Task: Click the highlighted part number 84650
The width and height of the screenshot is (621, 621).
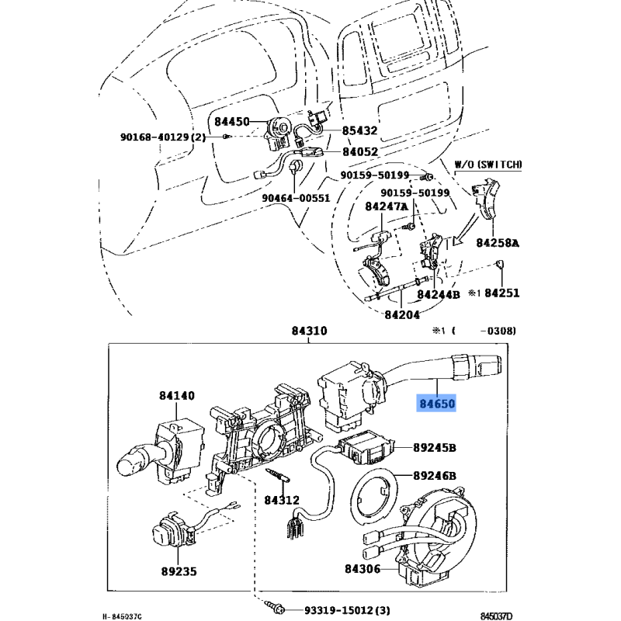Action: [x=436, y=404]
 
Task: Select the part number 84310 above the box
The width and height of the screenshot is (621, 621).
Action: [x=309, y=331]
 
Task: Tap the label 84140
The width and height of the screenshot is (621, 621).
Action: [x=177, y=396]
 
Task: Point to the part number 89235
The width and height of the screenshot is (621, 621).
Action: [x=179, y=572]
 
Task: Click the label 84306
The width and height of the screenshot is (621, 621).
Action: [x=362, y=569]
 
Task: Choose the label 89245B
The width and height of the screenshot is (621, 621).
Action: [x=435, y=448]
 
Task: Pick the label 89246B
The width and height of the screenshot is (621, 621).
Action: [x=435, y=476]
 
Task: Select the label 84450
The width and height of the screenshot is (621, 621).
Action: [x=232, y=122]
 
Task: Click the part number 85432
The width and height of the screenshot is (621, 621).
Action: [x=361, y=131]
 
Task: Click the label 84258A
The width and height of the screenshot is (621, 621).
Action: [x=498, y=243]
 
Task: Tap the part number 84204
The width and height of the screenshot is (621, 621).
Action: [x=402, y=314]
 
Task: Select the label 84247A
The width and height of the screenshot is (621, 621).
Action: [x=387, y=206]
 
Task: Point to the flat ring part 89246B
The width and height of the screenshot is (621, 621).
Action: [x=376, y=498]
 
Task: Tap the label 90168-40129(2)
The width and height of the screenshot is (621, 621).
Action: [x=163, y=137]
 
